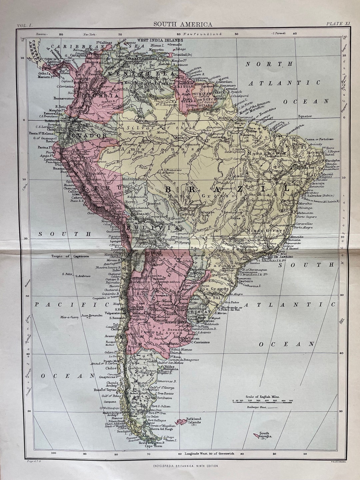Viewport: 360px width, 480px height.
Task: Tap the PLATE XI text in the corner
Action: (338, 24)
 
